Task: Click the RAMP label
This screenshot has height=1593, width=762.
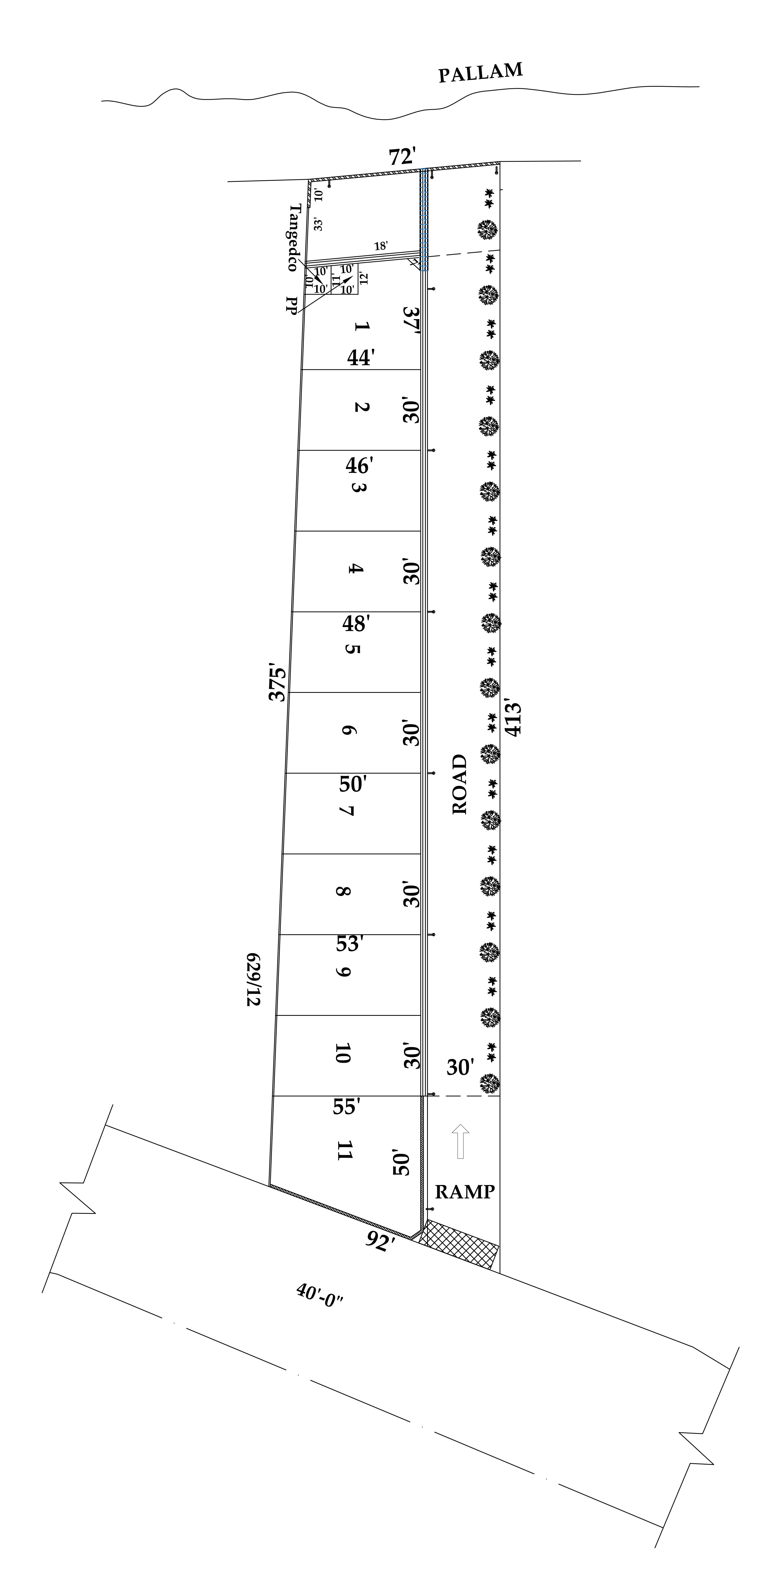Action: [x=465, y=1192]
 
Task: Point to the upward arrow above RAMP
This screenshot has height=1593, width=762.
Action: [x=460, y=1141]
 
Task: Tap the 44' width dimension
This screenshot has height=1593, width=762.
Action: [x=361, y=357]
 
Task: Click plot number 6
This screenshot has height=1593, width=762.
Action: [x=348, y=730]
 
